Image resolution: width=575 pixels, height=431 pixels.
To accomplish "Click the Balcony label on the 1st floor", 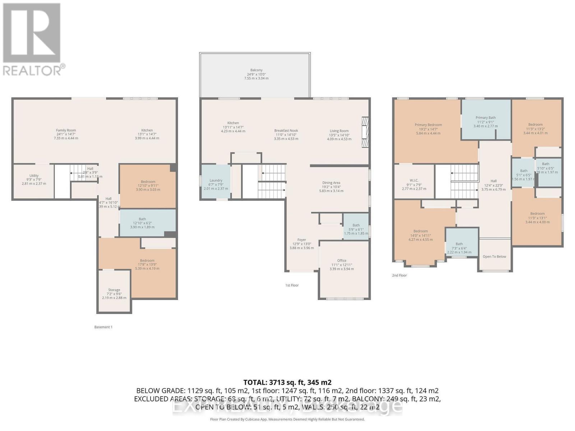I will click(256, 70).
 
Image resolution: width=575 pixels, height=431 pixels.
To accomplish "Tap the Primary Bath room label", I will click(486, 118).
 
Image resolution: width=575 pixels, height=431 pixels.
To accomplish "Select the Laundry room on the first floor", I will click(216, 181).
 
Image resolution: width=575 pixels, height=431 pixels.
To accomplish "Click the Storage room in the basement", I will click(114, 290).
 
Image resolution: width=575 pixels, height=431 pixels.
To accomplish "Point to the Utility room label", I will click(34, 176).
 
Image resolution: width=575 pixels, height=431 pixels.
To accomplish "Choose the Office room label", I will click(341, 261).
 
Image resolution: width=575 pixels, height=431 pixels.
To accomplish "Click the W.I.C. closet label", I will click(414, 181).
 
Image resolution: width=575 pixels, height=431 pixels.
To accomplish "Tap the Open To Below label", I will click(494, 256).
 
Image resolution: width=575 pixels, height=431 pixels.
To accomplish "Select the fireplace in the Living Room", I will click(365, 132).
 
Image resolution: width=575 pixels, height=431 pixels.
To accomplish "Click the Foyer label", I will click(302, 240).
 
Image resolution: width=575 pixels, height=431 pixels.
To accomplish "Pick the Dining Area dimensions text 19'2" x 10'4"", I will click(331, 187).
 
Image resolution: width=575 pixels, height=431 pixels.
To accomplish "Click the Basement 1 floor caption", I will click(103, 327).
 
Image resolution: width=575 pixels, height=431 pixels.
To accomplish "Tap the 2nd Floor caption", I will click(399, 275).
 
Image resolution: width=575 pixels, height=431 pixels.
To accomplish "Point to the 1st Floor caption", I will click(292, 286).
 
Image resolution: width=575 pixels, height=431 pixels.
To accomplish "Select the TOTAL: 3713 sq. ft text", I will click(287, 383).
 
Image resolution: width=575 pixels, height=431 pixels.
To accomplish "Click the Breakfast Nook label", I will click(286, 131).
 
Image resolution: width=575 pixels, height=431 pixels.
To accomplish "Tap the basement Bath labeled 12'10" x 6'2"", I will click(142, 219).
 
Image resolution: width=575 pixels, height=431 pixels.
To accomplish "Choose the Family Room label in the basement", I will click(66, 130).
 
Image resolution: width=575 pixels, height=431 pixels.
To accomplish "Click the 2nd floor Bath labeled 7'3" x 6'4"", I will click(459, 244).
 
